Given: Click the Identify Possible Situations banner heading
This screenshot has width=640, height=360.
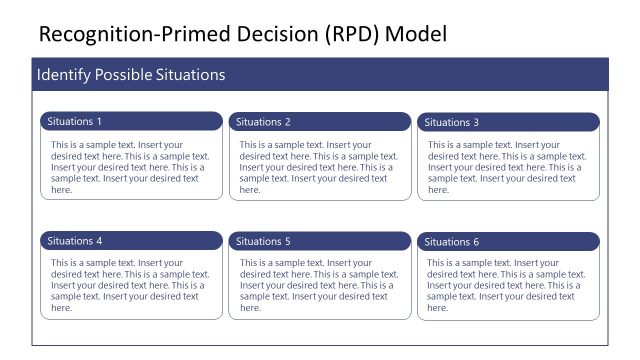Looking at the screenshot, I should (x=131, y=75).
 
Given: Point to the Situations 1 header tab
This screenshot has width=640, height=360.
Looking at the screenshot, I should (x=131, y=122).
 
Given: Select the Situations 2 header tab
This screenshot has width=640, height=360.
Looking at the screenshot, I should (x=319, y=122).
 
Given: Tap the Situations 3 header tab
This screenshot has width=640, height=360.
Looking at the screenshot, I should (x=508, y=122).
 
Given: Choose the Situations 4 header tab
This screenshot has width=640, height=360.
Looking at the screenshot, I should (x=131, y=241).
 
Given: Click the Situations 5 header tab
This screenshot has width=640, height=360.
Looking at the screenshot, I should (x=319, y=241).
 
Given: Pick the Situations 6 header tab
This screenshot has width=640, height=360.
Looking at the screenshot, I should (x=508, y=241).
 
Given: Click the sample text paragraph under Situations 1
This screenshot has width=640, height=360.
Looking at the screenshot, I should (x=130, y=167).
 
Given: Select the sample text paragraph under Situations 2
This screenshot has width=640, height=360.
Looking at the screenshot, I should (x=319, y=167).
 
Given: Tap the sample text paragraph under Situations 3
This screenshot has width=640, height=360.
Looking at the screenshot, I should (x=507, y=167).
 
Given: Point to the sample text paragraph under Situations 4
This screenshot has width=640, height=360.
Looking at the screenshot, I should (x=130, y=285).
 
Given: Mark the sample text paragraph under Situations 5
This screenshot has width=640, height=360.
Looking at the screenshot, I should (x=319, y=285).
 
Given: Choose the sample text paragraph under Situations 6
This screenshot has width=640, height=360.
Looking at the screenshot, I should (x=507, y=285).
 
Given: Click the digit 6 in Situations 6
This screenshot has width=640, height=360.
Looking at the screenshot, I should (x=476, y=242).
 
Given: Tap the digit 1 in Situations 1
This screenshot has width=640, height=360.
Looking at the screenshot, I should (x=99, y=122).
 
